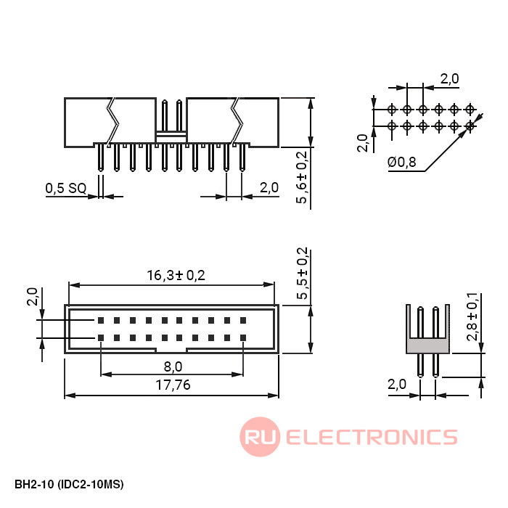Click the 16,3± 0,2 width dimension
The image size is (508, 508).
[176, 275]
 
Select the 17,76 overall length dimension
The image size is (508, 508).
[173, 385]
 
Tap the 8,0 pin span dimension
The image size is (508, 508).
[173, 366]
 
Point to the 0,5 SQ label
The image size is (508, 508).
[66, 188]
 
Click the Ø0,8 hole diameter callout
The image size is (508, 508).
[402, 162]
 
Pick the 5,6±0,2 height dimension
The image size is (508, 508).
[302, 177]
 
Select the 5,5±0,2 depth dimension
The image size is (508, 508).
[302, 273]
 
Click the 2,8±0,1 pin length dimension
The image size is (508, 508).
[472, 316]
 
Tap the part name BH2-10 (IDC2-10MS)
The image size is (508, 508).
[69, 484]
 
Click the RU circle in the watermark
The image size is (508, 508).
[260, 437]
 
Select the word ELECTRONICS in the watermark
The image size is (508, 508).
[372, 437]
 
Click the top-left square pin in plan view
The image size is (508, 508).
[101, 321]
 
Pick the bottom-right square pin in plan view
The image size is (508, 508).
[243, 338]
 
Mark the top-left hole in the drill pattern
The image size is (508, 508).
[392, 110]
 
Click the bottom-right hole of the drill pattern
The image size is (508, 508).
[470, 126]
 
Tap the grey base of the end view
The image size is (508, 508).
[427, 345]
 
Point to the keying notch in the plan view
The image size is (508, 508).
[172, 351]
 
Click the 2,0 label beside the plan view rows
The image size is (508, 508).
[33, 296]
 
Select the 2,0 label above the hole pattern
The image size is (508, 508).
[449, 78]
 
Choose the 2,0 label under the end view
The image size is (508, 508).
[397, 385]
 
